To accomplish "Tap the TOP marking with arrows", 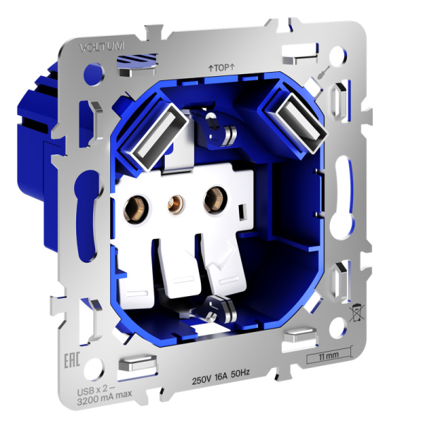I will pyautogui.click(x=221, y=68).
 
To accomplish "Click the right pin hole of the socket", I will pyautogui.click(x=211, y=200).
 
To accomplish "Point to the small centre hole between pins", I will pyautogui.click(x=172, y=204).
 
